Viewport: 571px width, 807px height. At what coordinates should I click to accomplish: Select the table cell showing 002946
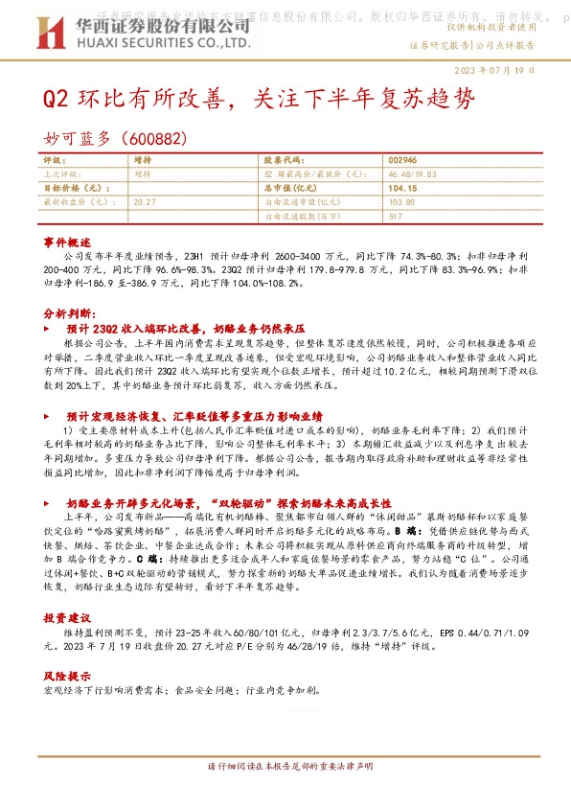click(404, 160)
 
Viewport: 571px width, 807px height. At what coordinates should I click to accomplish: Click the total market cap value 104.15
click(405, 189)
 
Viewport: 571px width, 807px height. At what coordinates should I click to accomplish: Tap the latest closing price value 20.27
click(145, 202)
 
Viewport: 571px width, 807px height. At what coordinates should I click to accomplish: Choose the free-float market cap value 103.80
click(403, 202)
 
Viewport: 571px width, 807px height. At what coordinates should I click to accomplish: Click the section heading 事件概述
click(67, 242)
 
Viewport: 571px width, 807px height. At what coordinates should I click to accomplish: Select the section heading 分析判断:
click(69, 314)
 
